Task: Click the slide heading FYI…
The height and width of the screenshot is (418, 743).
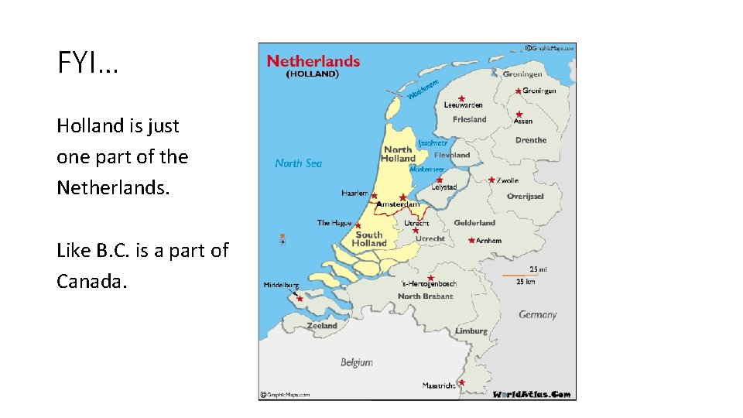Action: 87,63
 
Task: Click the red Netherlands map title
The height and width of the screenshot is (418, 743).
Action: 313,61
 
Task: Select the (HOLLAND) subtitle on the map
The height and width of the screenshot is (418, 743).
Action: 313,75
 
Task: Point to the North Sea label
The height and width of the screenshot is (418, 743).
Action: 299,163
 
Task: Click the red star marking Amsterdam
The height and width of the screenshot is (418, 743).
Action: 402,197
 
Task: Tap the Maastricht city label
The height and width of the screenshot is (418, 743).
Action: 439,385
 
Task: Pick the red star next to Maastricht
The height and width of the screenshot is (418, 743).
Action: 461,382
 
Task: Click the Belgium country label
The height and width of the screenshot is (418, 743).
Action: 357,361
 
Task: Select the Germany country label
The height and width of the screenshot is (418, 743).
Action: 537,315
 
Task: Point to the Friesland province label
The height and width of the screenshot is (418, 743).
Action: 470,119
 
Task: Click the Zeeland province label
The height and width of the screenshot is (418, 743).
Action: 322,326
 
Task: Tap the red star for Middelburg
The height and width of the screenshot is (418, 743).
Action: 300,298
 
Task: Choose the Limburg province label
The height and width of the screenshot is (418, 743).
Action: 471,331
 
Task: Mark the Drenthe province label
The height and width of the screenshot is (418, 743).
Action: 531,140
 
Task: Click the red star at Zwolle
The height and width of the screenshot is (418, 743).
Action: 491,180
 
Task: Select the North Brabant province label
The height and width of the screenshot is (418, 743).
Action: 426,296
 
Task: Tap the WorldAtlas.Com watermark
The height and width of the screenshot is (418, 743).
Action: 532,394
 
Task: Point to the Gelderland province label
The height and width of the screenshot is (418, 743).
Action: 474,223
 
